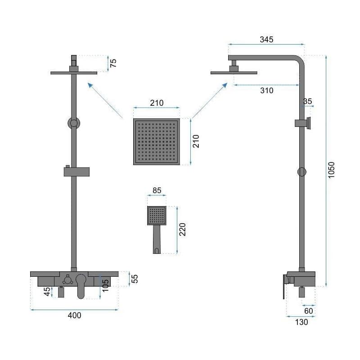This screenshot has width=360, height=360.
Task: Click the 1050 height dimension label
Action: pos(331,170)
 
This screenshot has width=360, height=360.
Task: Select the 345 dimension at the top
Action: pos(266,40)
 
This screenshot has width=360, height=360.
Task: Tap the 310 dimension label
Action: pos(267,90)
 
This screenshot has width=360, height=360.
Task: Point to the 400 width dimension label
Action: pos(74,315)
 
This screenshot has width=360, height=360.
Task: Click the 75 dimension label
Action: pos(113,63)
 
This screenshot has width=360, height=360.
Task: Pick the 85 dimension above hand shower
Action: pos(157,190)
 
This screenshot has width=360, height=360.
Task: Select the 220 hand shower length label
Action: pos(182,229)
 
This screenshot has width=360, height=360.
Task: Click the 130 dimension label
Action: pos(301,322)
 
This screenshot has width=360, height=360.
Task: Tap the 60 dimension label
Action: pos(309,311)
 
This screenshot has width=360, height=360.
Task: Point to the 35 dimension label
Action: pos(307,101)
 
